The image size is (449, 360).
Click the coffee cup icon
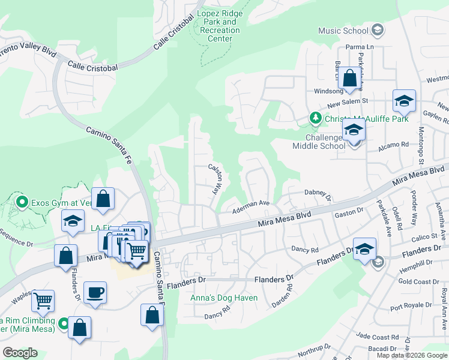click(95, 293)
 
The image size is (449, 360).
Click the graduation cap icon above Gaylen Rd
click(404, 101)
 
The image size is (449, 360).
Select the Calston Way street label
click(214, 178)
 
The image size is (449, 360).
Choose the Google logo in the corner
click(20, 353)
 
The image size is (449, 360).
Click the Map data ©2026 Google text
click(412, 355)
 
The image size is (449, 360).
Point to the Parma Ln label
click(360, 47)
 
